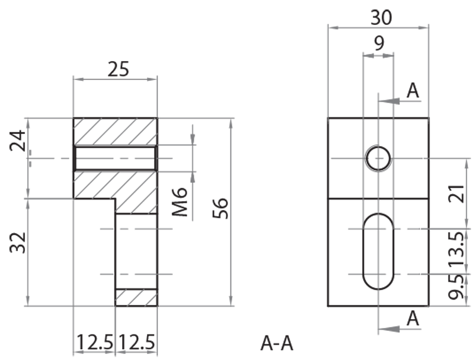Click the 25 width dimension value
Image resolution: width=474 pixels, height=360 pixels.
117,69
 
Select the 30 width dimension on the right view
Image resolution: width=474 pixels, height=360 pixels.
380,18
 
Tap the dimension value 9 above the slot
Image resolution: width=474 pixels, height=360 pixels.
379,44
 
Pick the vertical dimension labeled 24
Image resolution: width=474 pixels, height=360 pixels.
17,141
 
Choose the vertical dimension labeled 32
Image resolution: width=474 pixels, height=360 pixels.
17,241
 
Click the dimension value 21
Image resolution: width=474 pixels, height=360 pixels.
456,193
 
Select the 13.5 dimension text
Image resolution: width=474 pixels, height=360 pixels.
456,251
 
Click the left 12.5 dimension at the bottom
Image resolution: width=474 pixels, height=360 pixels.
94,343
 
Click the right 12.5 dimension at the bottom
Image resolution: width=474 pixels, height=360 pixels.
137,343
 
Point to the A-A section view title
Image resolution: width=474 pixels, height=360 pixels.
277,343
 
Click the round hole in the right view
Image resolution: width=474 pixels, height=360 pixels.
378,158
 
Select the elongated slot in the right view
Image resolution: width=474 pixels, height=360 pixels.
378,251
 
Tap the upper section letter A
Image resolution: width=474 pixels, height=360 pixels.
413,90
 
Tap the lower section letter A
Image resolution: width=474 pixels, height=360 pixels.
413,318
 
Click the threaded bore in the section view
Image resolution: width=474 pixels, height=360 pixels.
115,158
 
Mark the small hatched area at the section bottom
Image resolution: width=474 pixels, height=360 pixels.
136,297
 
